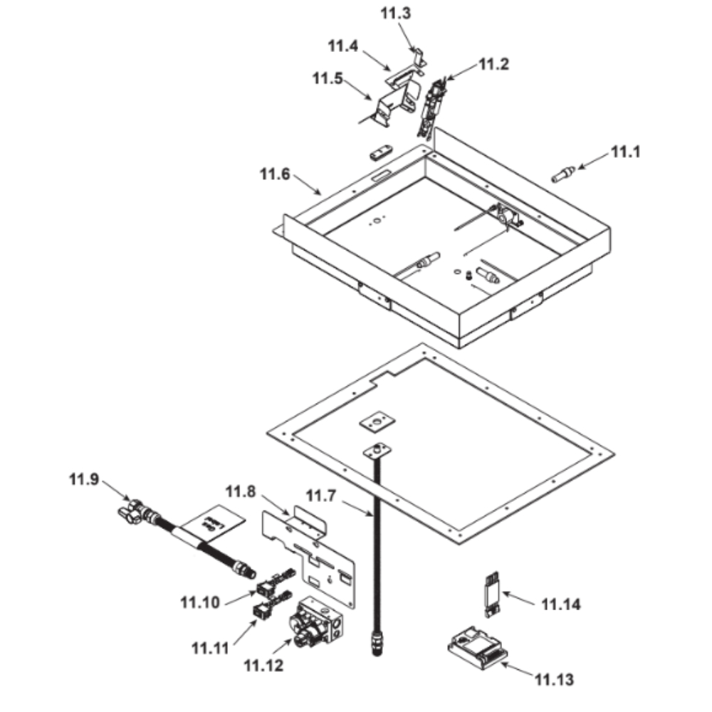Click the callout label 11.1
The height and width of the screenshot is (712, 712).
pos(627,152)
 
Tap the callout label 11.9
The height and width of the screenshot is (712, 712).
pos(84,479)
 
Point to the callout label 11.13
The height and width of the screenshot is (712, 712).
pos(554,679)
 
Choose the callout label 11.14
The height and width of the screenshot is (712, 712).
pos(561,605)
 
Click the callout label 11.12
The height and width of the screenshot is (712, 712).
pos(263,666)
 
